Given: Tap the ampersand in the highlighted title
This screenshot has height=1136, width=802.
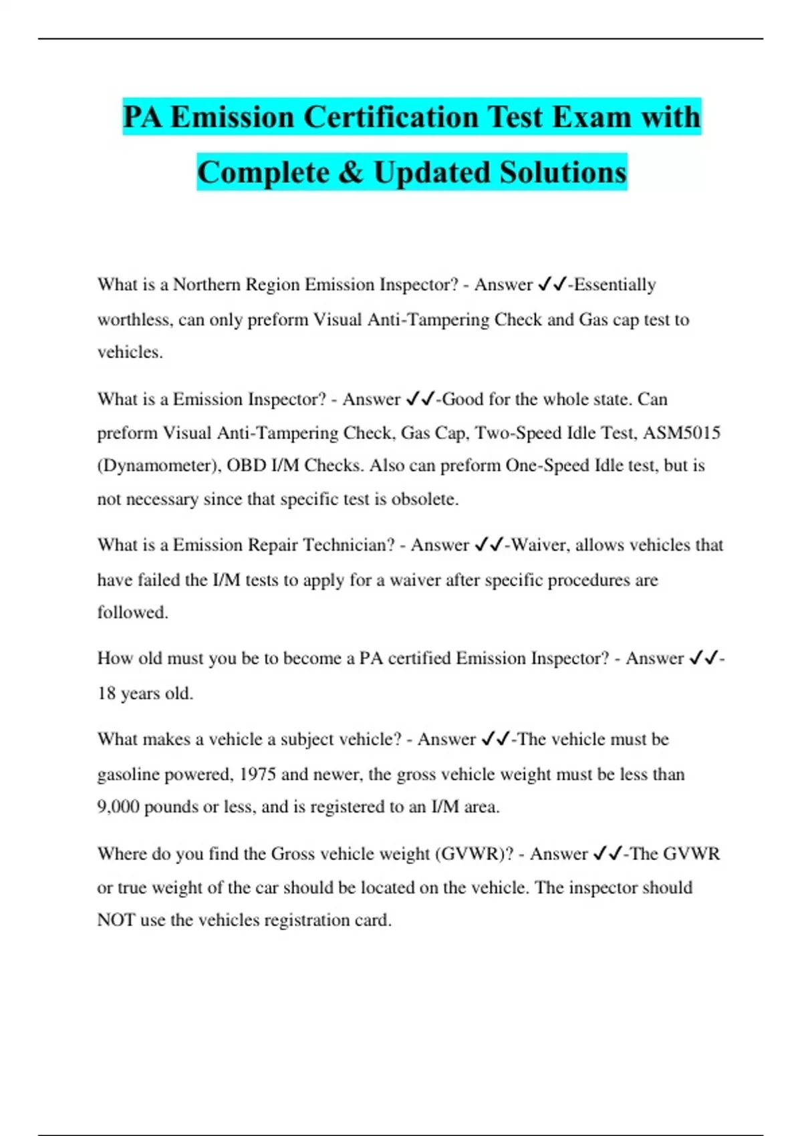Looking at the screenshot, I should tap(350, 172).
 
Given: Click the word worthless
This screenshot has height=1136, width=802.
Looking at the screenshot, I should tap(134, 319).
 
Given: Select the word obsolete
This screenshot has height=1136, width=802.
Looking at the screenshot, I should tap(425, 499).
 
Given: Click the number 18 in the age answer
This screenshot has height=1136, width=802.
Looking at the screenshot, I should tap(106, 694).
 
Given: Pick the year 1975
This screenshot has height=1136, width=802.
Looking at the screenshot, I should tap(257, 774).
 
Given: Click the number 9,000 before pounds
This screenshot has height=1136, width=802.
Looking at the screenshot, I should tap(118, 807).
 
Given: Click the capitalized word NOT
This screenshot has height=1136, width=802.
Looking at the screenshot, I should tap(116, 920).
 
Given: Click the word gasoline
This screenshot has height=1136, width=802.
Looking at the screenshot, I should tap(128, 774).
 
